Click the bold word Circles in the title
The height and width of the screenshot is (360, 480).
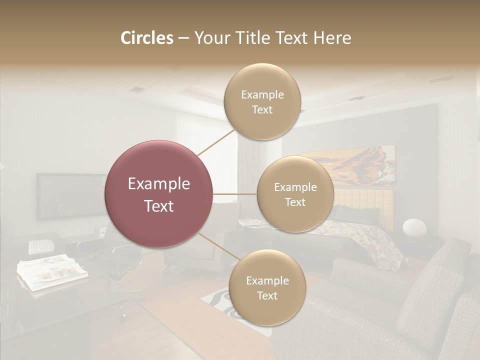click(146, 38)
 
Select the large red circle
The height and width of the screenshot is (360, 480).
click(159, 194)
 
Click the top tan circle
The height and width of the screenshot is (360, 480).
click(262, 101)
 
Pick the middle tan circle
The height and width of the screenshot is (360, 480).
click(295, 194)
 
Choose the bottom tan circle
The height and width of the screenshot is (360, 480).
click(267, 287)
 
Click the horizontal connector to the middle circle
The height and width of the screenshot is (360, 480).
click(235, 194)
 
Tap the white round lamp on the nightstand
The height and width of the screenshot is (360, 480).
click(414, 228)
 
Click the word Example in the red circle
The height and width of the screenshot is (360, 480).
click(159, 184)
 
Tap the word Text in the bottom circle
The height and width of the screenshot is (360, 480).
click(267, 295)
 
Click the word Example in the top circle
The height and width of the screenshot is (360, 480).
click(262, 94)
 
